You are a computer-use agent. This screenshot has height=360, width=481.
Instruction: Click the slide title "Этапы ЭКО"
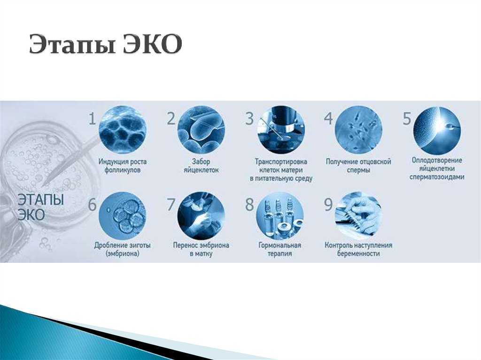coord(106,45)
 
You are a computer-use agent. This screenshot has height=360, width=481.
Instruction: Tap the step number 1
coord(93,119)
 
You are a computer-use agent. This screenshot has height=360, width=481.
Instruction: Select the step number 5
coord(406,119)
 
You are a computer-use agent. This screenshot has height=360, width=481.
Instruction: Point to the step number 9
coord(328,205)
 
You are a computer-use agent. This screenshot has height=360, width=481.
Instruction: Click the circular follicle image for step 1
coord(123,130)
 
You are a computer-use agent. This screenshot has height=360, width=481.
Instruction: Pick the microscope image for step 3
coord(280,130)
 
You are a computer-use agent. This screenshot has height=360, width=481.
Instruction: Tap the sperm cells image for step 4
coord(358,130)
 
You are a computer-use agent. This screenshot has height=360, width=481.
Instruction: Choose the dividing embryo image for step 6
coord(123,215)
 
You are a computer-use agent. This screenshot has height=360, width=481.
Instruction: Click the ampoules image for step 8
coord(280,215)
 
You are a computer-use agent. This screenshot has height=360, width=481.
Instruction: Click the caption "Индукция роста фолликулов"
coord(123,166)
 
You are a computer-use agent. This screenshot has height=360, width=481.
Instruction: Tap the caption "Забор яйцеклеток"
coord(201,166)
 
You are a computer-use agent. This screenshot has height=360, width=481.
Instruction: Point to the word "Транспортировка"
coord(281,161)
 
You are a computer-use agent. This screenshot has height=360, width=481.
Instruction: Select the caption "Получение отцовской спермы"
coord(358,166)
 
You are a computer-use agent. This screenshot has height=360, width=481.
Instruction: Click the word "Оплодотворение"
coord(437,160)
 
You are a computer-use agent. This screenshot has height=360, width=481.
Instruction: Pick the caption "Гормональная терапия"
coord(280,249)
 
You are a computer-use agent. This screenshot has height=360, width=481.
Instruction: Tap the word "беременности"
coord(358,253)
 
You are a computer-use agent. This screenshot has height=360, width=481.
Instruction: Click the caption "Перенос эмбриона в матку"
coord(201,249)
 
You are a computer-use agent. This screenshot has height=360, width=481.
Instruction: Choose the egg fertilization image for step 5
coord(437,130)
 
